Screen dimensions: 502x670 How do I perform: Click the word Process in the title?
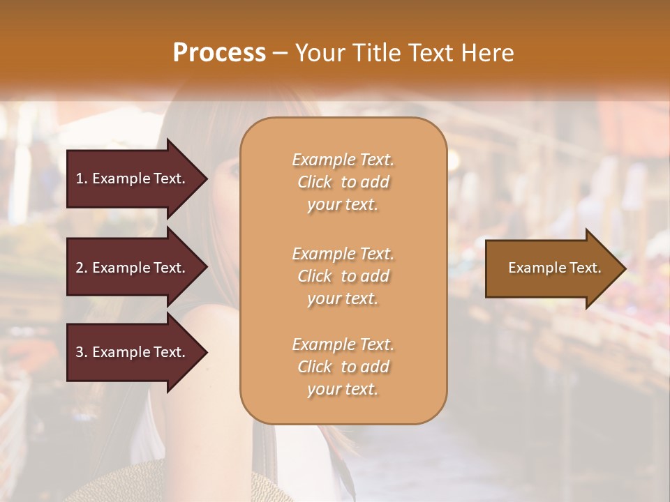(219, 53)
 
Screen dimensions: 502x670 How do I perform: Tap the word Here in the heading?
(487, 53)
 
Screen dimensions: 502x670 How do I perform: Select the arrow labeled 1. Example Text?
(133, 178)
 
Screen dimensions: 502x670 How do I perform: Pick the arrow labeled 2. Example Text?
(133, 268)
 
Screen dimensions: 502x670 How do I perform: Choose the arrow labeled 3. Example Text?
(133, 352)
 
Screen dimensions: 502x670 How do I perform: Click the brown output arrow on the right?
(551, 268)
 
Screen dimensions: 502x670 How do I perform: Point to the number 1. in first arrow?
(82, 178)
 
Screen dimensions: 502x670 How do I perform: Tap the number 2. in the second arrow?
(82, 268)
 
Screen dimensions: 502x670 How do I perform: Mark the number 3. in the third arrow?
(82, 352)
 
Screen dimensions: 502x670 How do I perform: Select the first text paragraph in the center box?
(343, 182)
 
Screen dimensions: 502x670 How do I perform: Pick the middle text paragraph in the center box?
(343, 276)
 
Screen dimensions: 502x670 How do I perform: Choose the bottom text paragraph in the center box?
(343, 367)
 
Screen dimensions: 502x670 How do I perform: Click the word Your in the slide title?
(317, 53)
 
